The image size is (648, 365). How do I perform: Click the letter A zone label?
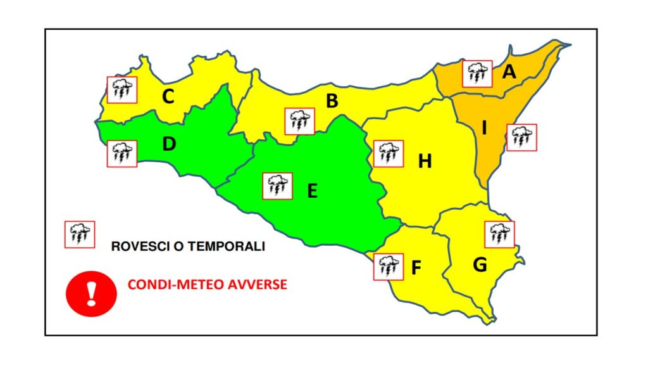click(509, 72)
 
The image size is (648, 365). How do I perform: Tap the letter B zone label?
click(332, 101)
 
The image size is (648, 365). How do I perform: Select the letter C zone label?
click(168, 97)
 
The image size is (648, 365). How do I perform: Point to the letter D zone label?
click(168, 144)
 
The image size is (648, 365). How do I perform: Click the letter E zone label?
click(312, 190)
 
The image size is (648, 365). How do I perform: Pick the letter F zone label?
click(416, 268)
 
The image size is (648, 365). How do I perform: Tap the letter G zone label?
click(480, 265)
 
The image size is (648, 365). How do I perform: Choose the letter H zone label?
click(425, 162)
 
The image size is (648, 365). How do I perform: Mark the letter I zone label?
click(484, 129)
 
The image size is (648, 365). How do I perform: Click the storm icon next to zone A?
click(477, 74)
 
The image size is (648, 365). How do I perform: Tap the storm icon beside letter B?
click(299, 121)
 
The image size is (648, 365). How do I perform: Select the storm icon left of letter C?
click(120, 90)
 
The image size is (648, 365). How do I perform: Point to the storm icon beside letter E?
click(277, 186)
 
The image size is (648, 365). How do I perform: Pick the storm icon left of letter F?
click(389, 266)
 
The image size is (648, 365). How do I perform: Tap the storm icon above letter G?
click(499, 234)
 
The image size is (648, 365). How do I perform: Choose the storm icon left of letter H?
click(388, 153)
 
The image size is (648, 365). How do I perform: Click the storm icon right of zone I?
click(521, 137)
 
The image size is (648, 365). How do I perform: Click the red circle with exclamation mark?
click(92, 293)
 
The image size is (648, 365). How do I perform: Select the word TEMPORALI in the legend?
click(230, 247)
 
